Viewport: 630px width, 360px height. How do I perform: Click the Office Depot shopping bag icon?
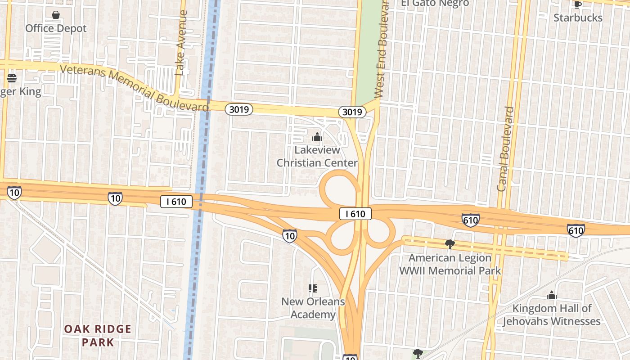(x=56, y=15)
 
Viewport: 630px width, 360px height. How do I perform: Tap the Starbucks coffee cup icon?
(x=577, y=5)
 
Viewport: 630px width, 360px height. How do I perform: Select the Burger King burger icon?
(x=12, y=78)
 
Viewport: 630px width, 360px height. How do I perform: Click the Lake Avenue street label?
(x=181, y=43)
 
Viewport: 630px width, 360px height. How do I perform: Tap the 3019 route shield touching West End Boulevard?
(x=352, y=112)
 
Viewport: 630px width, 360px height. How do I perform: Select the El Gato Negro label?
(x=435, y=4)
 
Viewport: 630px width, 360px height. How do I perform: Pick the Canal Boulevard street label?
(x=506, y=148)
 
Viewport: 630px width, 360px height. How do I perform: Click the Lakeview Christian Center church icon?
(x=317, y=136)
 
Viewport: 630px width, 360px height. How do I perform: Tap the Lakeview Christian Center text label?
(x=317, y=156)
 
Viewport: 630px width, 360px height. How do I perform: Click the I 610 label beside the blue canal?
(x=176, y=202)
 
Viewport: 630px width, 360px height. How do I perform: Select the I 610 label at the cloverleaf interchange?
(x=355, y=214)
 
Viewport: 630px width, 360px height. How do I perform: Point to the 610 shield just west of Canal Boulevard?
(x=470, y=220)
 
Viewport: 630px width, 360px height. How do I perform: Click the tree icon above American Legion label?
(x=449, y=244)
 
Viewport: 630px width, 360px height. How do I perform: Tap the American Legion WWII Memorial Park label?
(x=450, y=264)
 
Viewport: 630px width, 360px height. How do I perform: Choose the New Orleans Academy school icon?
(x=313, y=288)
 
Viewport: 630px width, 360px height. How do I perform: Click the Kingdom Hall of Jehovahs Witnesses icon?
(x=552, y=296)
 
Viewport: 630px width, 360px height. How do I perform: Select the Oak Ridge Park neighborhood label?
(x=98, y=336)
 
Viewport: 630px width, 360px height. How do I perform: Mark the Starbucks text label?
(x=578, y=18)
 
